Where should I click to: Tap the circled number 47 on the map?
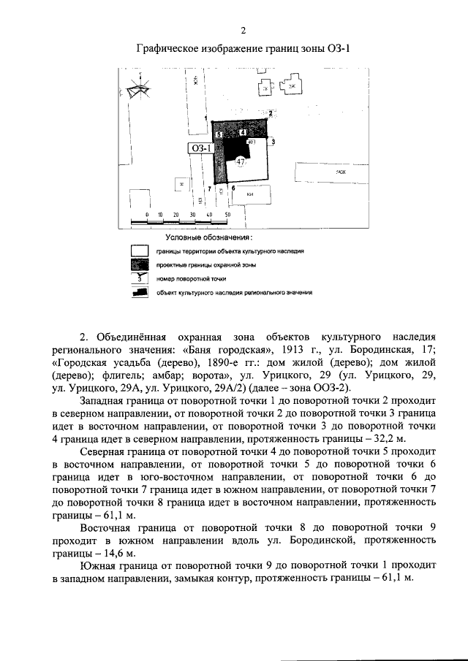(241, 163)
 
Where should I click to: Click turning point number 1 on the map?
(206, 118)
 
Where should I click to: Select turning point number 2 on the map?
(270, 113)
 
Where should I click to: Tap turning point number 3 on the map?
(273, 142)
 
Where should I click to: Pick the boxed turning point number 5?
(219, 135)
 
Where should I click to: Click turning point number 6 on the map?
(233, 188)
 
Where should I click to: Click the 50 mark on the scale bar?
(227, 215)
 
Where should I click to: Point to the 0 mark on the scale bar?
(147, 215)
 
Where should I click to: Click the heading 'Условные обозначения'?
(209, 238)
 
